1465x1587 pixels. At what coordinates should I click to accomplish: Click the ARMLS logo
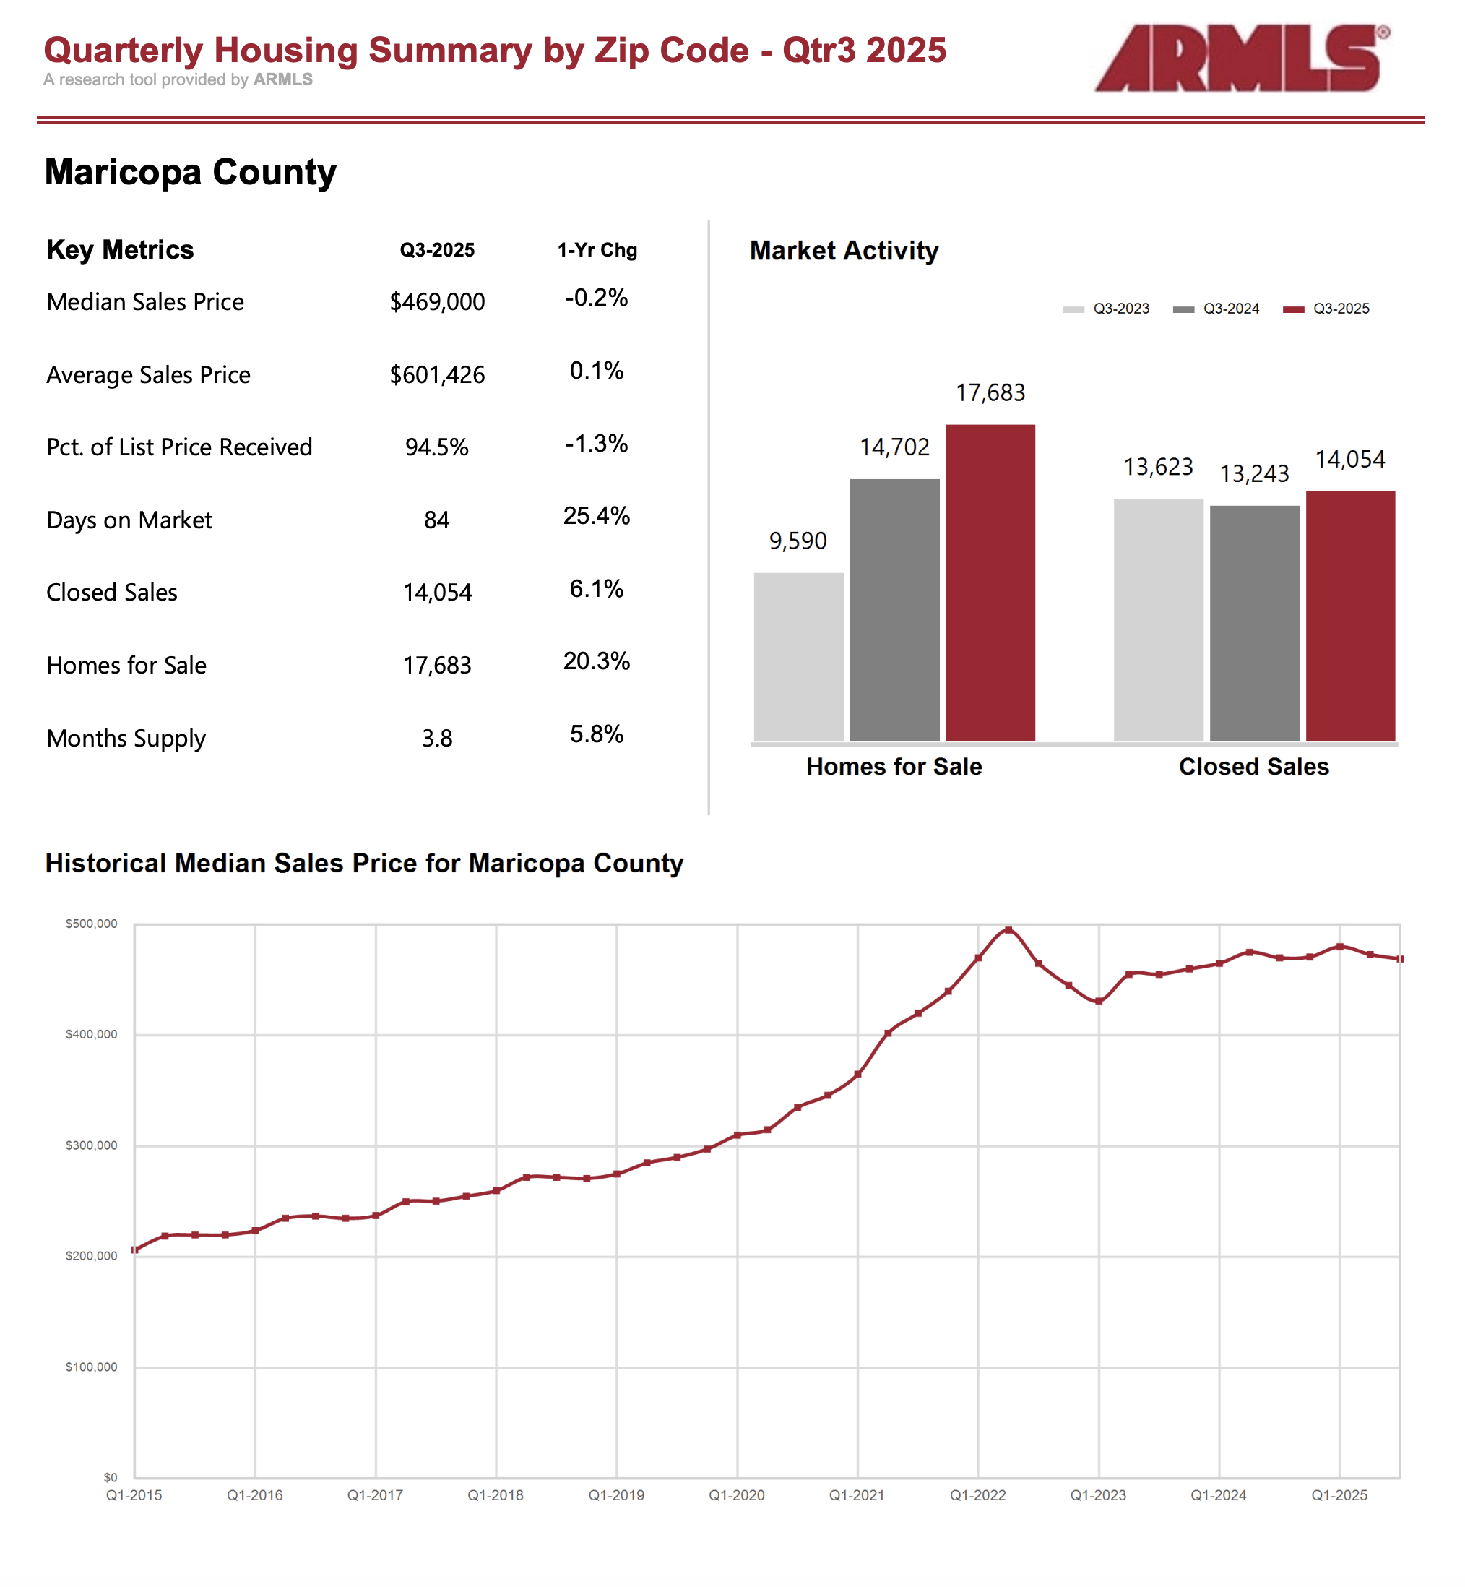(1240, 58)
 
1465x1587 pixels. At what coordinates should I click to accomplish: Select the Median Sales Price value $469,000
(437, 302)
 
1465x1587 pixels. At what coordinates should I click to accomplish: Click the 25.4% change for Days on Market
(596, 516)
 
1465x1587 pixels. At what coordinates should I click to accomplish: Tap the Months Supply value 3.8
(437, 739)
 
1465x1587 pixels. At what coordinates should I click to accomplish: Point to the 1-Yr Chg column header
(597, 251)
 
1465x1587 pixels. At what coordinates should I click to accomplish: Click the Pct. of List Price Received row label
(179, 447)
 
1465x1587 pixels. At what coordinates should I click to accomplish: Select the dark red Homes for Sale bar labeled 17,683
(990, 583)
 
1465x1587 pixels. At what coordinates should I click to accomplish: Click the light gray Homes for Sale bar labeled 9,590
(798, 657)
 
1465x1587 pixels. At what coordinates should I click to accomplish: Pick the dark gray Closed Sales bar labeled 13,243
(1254, 624)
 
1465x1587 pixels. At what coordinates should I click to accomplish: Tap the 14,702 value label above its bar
(894, 447)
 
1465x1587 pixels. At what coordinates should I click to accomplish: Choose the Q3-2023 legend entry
(1106, 309)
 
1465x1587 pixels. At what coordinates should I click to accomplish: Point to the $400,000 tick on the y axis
(91, 1034)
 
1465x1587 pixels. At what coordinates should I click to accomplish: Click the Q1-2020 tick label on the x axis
(736, 1495)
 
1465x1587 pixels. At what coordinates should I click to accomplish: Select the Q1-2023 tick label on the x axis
(1098, 1495)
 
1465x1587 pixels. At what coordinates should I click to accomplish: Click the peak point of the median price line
(1008, 929)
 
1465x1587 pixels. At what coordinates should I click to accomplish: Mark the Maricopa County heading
(190, 172)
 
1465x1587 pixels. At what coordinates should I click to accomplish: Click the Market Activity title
(844, 251)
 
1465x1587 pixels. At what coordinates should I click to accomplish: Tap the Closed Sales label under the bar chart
(1253, 767)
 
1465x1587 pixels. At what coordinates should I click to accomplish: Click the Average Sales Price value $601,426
(437, 375)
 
